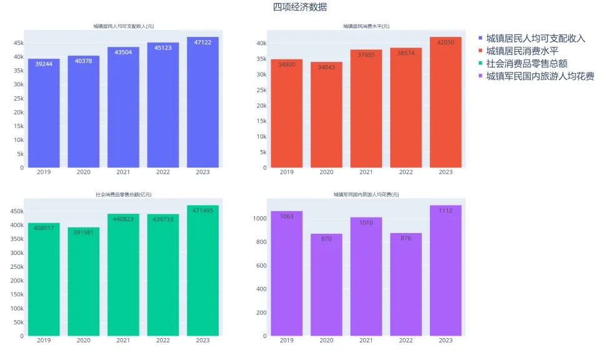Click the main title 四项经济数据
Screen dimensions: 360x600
point(299,7)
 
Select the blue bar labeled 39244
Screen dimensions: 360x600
point(44,113)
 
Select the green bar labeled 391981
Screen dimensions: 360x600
point(84,281)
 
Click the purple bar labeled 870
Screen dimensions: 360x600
point(326,284)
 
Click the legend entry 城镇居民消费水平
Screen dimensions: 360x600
point(522,51)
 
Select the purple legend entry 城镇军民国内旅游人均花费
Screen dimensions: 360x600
point(540,76)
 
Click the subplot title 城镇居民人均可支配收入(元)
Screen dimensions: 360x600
point(124,26)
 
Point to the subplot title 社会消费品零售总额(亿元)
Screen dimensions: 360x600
point(124,195)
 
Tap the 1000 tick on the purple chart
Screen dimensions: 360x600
point(259,219)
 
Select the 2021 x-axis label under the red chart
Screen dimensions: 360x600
point(366,172)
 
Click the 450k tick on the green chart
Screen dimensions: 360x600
point(16,211)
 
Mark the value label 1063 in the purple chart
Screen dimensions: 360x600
point(287,217)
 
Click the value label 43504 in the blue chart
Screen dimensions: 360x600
point(123,52)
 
